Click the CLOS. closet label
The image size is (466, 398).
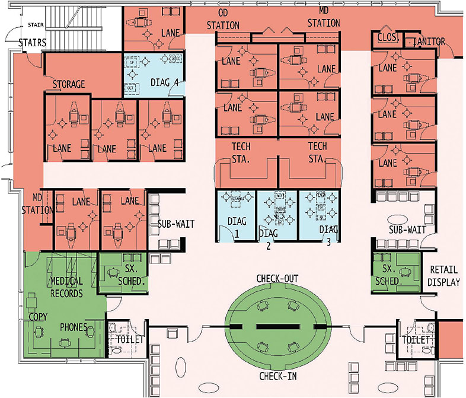point(388,39)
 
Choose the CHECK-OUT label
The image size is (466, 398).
point(277,278)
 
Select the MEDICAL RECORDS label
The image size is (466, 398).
point(66,286)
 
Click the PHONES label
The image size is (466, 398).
point(74,327)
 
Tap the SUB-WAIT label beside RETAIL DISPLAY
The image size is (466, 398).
point(404,229)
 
